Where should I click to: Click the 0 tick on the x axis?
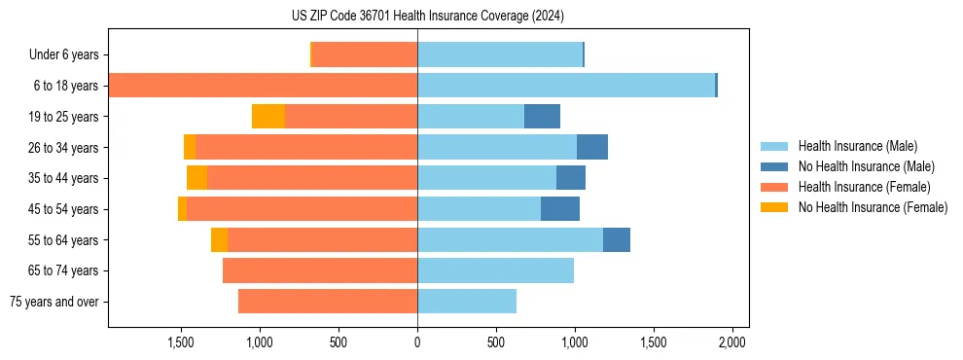pos(417,342)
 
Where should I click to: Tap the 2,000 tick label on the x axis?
pos(731,342)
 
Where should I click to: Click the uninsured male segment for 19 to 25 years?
pos(542,117)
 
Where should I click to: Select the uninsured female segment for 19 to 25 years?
pos(268,117)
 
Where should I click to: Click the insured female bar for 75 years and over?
pos(328,302)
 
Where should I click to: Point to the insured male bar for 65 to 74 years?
pos(495,270)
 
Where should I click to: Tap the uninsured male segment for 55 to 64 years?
pos(617,239)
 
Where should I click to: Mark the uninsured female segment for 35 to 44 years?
pos(197,178)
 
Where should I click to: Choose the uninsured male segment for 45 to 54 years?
pos(560,209)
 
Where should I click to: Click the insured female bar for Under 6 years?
pos(365,55)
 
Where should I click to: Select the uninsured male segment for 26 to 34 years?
pos(592,147)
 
